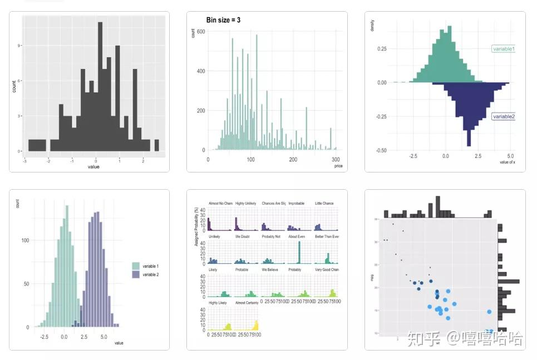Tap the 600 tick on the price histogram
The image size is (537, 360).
(201, 32)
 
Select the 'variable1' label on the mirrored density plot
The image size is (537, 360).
(503, 49)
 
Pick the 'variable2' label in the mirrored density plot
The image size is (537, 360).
(503, 117)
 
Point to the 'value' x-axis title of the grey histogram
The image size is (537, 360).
(93, 166)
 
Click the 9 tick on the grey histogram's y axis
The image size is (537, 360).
(19, 46)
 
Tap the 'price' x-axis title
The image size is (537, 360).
(338, 166)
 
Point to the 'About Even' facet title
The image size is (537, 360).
(298, 236)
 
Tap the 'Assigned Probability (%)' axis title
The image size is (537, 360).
(196, 227)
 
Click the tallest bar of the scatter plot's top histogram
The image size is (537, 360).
(438, 206)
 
